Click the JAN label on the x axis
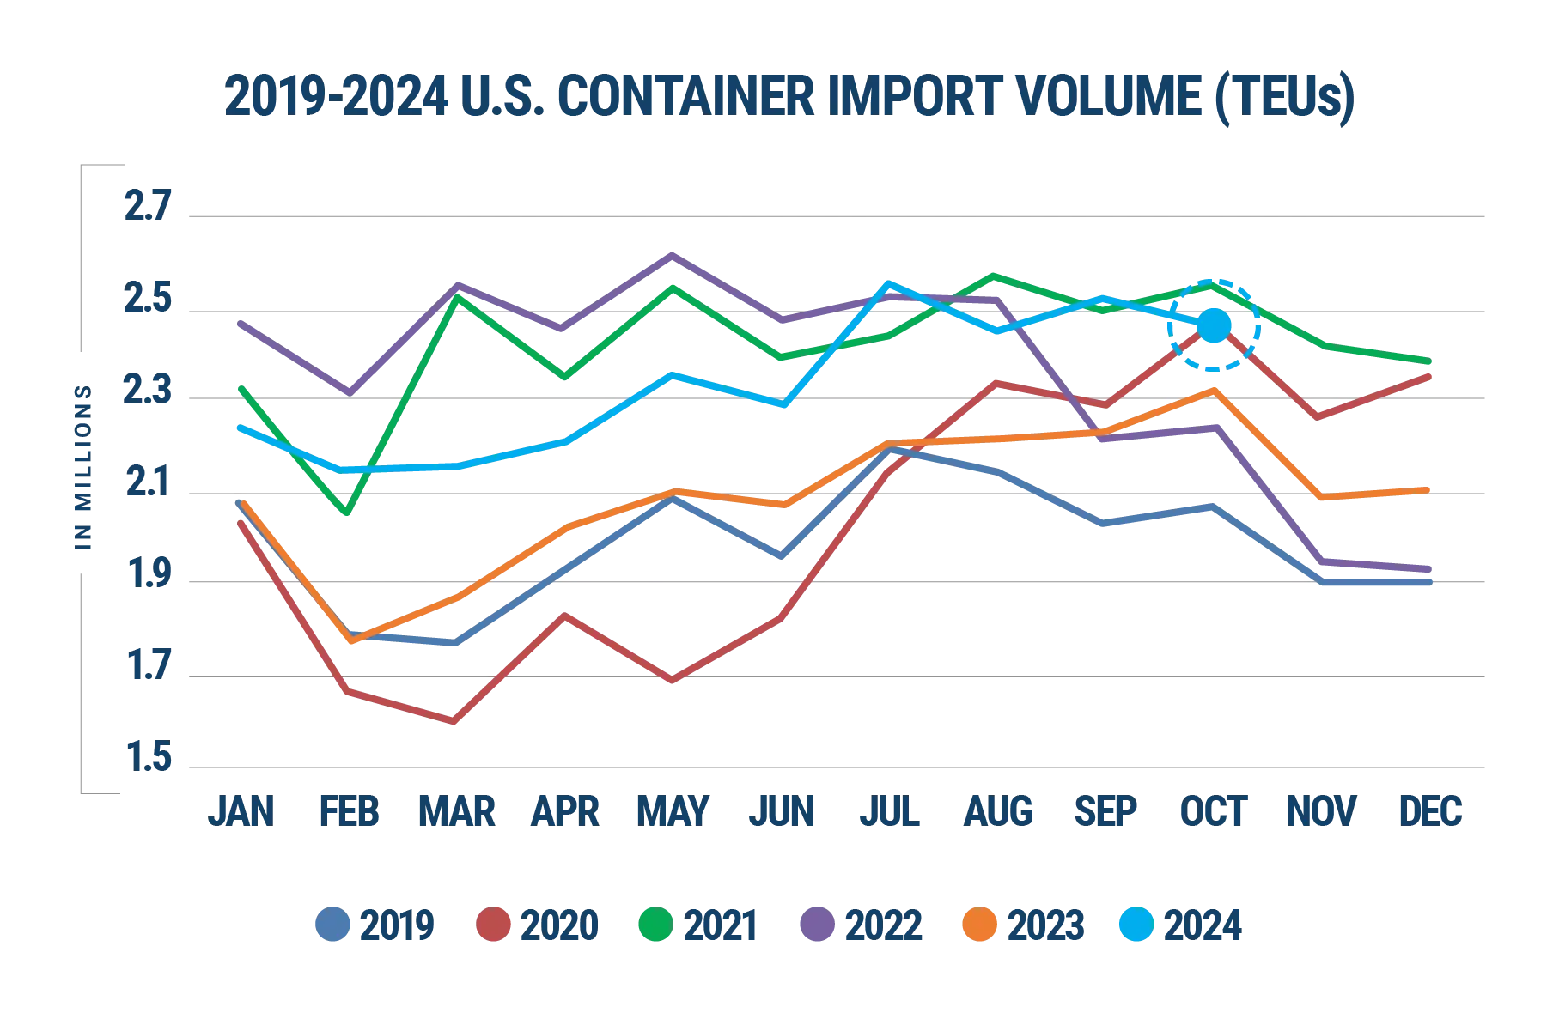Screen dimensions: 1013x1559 coord(241,811)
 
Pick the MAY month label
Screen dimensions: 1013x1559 coord(673,811)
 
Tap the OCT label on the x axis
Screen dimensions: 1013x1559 coord(1212,811)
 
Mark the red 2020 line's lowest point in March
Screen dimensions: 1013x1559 coord(454,720)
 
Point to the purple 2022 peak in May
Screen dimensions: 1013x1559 coord(673,255)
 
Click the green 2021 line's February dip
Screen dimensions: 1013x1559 coord(348,513)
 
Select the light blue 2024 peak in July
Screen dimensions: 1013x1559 coord(889,283)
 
